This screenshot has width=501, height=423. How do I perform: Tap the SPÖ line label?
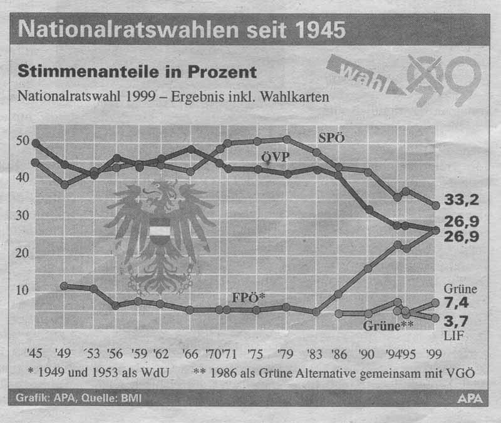pos(332,137)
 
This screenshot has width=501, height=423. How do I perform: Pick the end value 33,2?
pos(462,200)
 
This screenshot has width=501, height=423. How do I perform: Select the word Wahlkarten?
pos(296,97)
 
